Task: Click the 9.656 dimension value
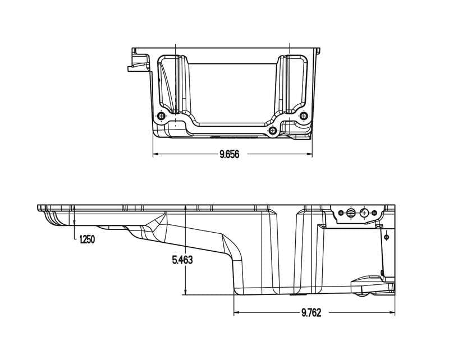(x=229, y=154)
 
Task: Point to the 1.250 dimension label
(x=86, y=239)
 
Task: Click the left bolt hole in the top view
(x=162, y=116)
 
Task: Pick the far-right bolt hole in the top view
(x=304, y=116)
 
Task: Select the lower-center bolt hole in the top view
(x=273, y=130)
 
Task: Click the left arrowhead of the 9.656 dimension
(x=156, y=154)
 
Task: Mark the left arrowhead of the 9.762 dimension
(x=237, y=312)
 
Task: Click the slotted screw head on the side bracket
(x=351, y=213)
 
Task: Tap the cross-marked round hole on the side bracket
(x=364, y=213)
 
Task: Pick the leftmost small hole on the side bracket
(x=341, y=213)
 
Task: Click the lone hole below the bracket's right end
(x=386, y=237)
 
